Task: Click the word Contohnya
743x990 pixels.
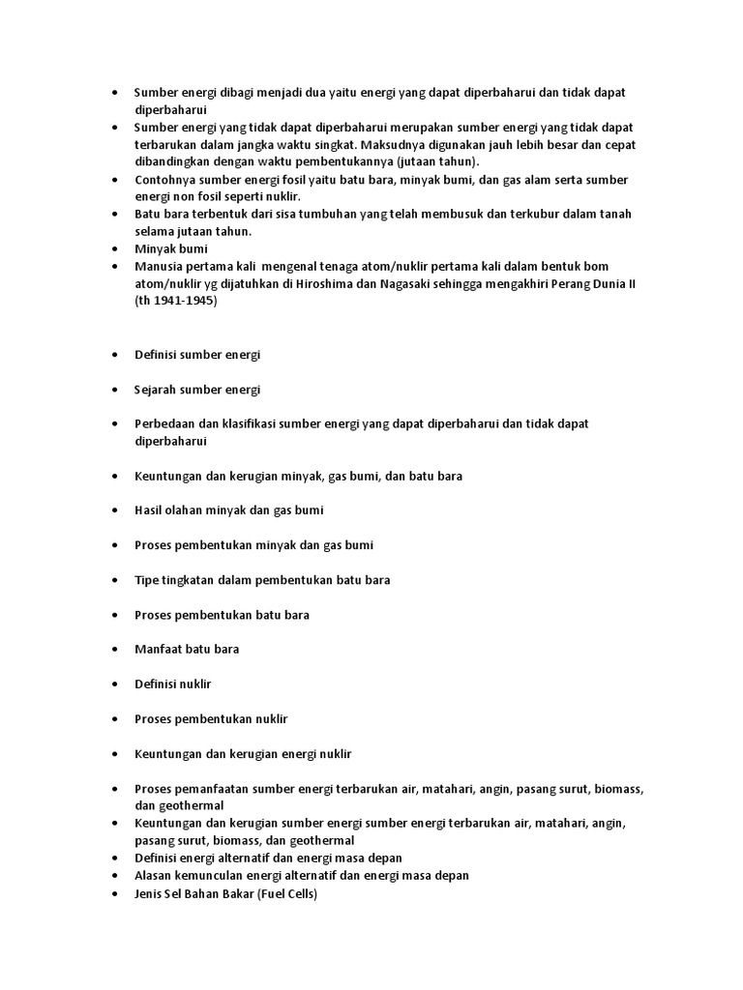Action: [166, 180]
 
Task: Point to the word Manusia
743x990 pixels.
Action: [159, 266]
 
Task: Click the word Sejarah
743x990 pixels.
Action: [158, 390]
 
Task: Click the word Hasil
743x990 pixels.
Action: [150, 510]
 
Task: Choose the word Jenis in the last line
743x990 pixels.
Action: [151, 893]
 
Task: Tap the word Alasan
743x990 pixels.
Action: [156, 876]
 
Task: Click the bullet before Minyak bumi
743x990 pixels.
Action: [115, 248]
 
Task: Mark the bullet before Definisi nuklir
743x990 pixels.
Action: [115, 684]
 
